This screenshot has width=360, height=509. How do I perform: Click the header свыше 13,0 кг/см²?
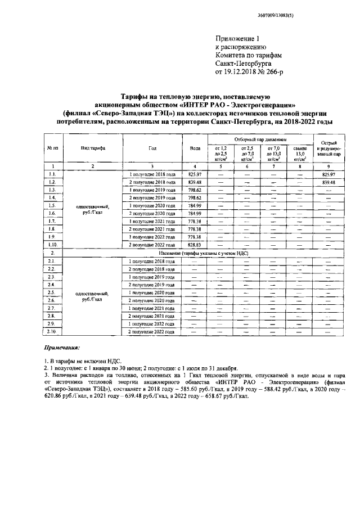[300, 152]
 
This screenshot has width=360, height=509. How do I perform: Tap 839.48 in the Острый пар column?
[328, 183]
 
